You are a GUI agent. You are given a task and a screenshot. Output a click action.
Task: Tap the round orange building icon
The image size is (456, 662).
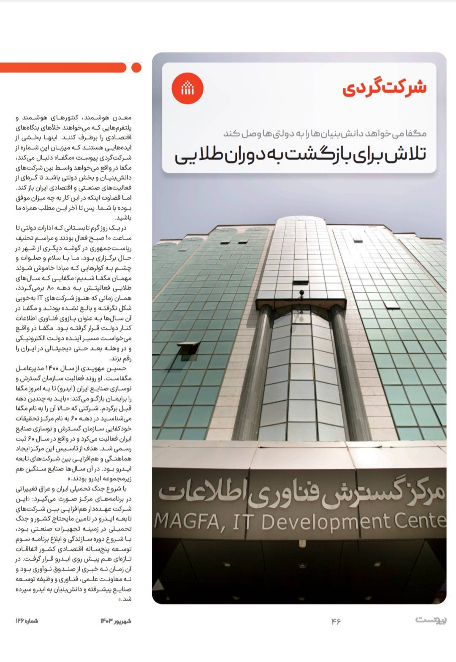(x=187, y=89)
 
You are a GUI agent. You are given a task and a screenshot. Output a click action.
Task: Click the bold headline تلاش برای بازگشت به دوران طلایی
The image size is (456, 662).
(x=300, y=155)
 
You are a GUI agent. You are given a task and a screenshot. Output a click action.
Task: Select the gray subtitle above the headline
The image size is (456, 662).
(x=325, y=133)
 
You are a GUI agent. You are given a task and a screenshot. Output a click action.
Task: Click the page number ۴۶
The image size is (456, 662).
(x=336, y=621)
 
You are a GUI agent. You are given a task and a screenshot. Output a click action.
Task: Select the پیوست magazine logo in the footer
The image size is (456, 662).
(x=431, y=620)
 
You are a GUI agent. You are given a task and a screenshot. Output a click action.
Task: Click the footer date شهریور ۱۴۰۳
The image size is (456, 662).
(x=116, y=621)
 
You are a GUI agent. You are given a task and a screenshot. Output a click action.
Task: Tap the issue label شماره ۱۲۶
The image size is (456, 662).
(x=27, y=621)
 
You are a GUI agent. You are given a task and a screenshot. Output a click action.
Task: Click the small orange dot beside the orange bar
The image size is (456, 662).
(x=136, y=68)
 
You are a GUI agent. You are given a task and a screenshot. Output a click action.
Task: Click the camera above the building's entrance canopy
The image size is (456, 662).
(x=301, y=293)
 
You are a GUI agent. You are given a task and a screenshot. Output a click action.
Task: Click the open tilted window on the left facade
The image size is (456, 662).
(x=189, y=349)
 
